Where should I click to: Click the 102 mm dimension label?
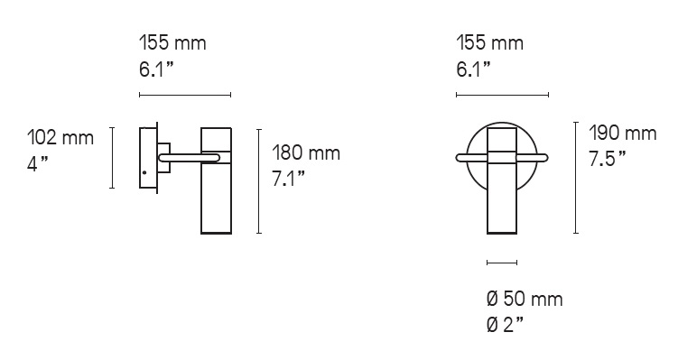60,138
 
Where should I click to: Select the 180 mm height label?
306,153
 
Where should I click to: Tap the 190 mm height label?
623,134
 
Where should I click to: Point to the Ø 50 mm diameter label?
525,299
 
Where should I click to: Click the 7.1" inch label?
288,178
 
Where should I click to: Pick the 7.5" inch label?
607,158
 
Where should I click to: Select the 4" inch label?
38,163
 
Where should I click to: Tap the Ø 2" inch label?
505,325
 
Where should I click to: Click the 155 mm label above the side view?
172,43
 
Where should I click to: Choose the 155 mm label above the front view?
490,43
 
